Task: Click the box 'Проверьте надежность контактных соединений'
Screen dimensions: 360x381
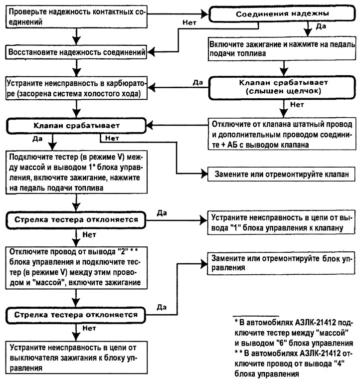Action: click(x=76, y=17)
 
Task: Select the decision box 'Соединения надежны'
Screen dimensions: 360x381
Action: click(x=282, y=13)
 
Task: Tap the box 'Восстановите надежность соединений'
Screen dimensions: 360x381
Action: click(x=76, y=52)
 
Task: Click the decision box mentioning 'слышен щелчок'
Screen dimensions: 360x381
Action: click(x=282, y=87)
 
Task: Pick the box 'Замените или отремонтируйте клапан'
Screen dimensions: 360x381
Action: click(x=282, y=174)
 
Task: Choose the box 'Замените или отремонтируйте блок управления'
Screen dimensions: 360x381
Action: click(x=281, y=263)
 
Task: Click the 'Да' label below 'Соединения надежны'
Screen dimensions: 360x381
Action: click(x=321, y=26)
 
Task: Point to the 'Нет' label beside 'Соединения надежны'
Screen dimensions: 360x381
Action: click(x=189, y=22)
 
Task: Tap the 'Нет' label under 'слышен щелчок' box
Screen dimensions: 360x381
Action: click(x=297, y=105)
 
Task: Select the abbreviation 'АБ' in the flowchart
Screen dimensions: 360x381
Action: click(x=232, y=145)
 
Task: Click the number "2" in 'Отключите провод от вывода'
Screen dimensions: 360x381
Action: click(x=123, y=251)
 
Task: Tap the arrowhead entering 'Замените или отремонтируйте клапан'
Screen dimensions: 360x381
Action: click(x=204, y=174)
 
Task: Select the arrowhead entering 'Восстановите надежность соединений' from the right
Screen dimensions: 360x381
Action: click(x=151, y=52)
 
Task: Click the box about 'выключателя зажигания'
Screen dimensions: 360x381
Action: click(x=76, y=358)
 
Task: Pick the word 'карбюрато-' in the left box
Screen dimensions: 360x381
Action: click(x=126, y=83)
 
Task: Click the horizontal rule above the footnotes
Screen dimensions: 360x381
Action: click(x=256, y=316)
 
